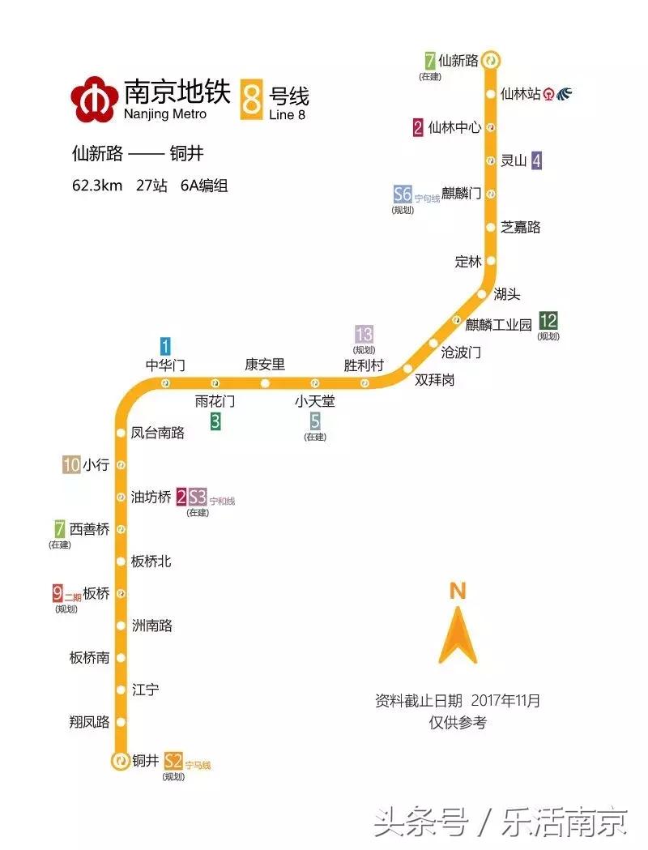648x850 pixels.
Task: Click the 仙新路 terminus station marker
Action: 491,60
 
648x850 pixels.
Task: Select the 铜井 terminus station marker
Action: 120,761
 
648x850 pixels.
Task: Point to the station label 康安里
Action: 265,365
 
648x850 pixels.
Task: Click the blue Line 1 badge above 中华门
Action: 165,346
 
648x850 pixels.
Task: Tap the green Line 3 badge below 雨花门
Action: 215,421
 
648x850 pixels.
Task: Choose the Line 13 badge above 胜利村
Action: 364,334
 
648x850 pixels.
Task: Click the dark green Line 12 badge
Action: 548,320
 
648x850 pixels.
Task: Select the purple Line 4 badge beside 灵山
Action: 536,160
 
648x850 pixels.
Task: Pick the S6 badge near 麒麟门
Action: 403,194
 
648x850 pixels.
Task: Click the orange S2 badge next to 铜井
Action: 173,761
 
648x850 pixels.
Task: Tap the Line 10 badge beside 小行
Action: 71,465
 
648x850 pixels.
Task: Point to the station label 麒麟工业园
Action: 498,324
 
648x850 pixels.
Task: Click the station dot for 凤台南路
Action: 121,433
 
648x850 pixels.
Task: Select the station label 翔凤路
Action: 89,722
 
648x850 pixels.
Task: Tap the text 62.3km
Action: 97,186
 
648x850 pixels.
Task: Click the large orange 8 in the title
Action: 252,99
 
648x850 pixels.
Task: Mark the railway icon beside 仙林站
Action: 564,94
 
